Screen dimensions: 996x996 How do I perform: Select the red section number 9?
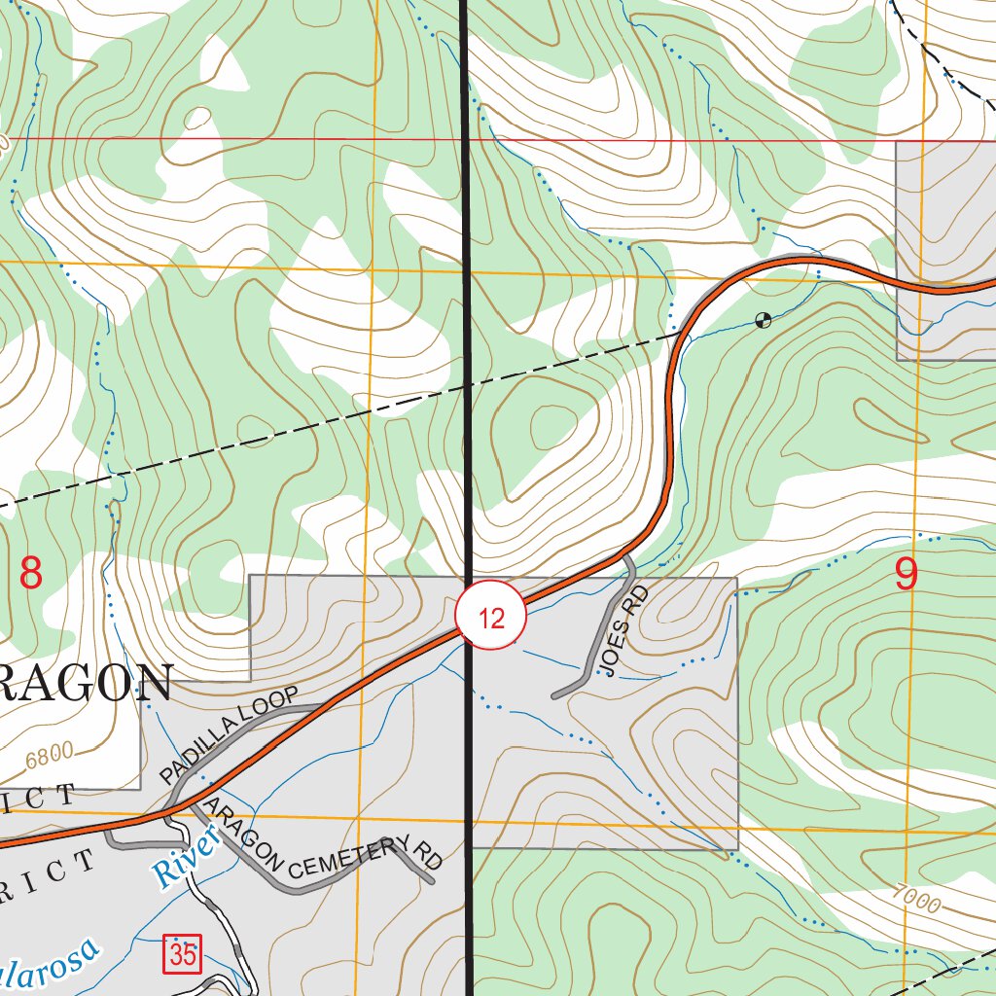(906, 575)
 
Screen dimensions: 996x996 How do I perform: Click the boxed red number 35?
(183, 954)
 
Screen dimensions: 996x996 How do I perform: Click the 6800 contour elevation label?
(50, 754)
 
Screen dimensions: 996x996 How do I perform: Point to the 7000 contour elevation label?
(913, 901)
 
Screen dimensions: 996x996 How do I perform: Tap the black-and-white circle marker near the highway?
(764, 320)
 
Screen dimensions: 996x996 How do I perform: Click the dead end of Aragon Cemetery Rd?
(430, 881)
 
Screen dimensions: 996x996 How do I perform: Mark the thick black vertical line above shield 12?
(465, 292)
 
